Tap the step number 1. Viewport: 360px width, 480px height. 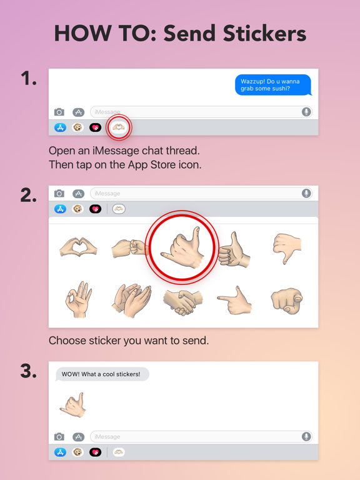(29, 79)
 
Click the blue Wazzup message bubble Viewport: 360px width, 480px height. (272, 85)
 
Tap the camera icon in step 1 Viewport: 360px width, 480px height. (59, 112)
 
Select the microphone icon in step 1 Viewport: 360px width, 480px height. (306, 112)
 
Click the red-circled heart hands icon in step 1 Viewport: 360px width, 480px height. (119, 127)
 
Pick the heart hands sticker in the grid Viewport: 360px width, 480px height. (78, 247)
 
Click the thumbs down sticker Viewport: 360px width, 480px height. (287, 247)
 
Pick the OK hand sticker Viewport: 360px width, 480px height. (79, 299)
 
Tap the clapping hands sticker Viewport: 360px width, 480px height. (132, 299)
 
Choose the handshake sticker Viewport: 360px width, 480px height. (182, 301)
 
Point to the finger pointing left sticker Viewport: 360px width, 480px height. (235, 300)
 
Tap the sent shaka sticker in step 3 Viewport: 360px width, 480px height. (73, 404)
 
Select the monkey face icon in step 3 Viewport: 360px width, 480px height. (77, 452)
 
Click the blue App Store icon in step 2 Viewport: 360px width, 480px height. (60, 209)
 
